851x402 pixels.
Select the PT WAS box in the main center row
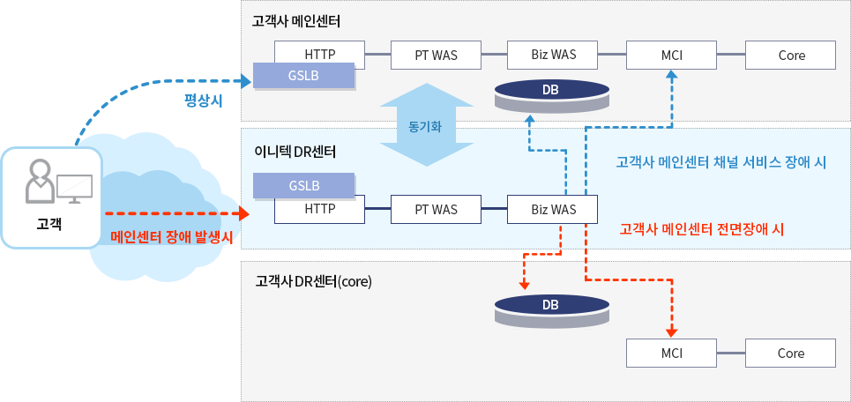[x=436, y=55]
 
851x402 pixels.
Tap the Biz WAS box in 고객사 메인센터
[x=553, y=55]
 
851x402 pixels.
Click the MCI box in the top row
[x=671, y=55]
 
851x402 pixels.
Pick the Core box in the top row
[x=791, y=55]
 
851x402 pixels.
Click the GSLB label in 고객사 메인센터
[x=303, y=76]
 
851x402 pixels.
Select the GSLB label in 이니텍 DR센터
[x=303, y=186]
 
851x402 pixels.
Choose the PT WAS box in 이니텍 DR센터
[x=436, y=209]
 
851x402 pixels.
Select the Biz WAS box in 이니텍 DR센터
[x=553, y=209]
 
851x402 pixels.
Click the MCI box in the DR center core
[x=671, y=353]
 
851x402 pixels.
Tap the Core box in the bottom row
[x=791, y=353]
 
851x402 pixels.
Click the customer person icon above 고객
[x=40, y=180]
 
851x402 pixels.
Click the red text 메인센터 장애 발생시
[x=172, y=237]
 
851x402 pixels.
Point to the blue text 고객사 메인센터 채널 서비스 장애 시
[x=720, y=163]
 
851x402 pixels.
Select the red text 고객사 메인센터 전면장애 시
[x=702, y=228]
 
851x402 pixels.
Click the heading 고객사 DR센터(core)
[x=313, y=282]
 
